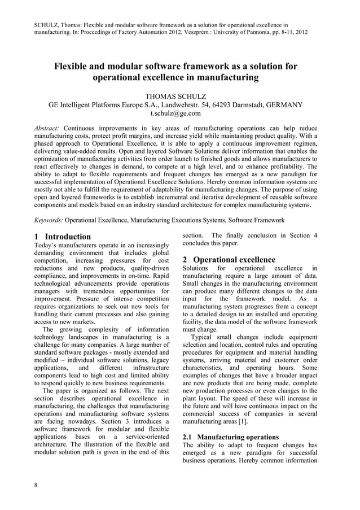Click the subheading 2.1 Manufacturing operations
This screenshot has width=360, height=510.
[231, 437]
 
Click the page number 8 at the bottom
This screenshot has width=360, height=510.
[37, 489]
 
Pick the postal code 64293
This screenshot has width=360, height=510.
[232, 104]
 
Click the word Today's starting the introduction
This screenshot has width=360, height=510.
[47, 246]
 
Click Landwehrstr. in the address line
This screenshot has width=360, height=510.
[192, 104]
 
